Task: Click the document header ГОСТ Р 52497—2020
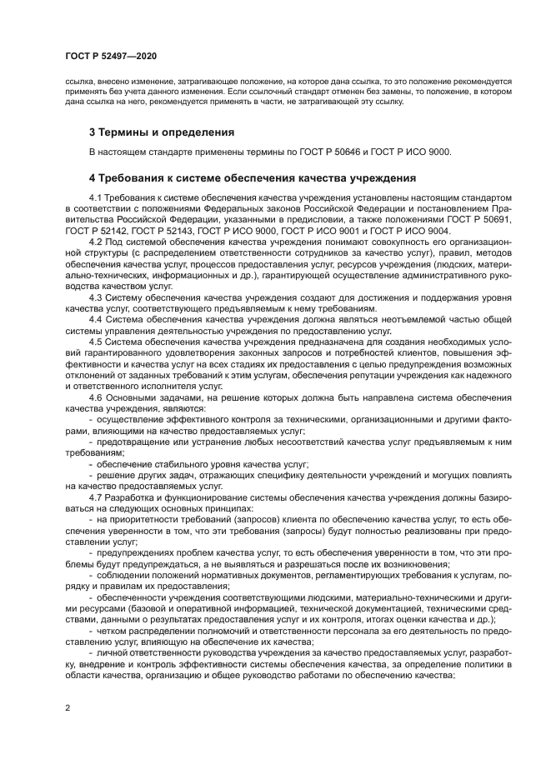[111, 55]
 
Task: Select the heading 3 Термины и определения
[161, 132]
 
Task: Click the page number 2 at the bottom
[68, 707]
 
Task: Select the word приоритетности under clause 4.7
[138, 517]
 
